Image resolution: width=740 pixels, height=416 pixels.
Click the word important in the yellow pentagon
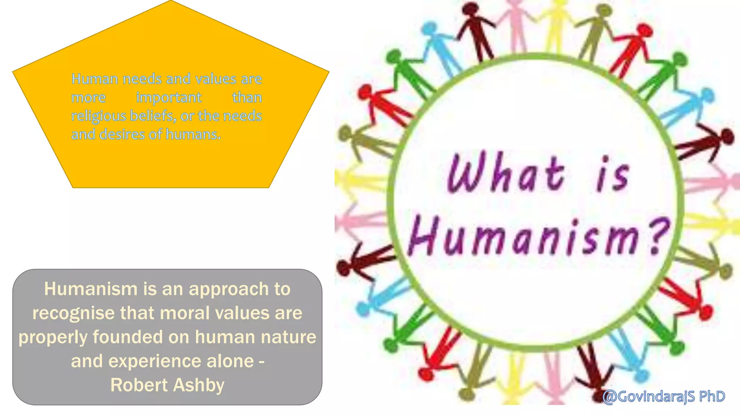169,98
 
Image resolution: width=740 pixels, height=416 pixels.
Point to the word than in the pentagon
247,97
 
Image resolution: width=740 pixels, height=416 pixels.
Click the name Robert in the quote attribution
139,385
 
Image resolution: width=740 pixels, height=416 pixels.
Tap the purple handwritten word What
506,173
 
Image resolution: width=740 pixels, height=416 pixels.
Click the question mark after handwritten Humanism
658,237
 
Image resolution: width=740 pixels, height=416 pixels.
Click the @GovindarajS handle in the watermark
649,396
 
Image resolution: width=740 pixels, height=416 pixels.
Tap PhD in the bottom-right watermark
712,396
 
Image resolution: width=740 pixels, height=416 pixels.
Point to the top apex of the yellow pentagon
171,1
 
